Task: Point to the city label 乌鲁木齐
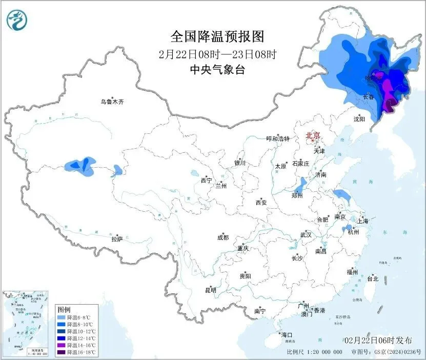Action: (112, 102)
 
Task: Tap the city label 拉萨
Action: (117, 238)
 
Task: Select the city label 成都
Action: (223, 237)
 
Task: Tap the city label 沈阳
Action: (359, 118)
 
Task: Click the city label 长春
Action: (368, 96)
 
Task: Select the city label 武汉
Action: (306, 235)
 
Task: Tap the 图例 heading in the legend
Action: (64, 310)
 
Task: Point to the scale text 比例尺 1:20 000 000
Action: (315, 353)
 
